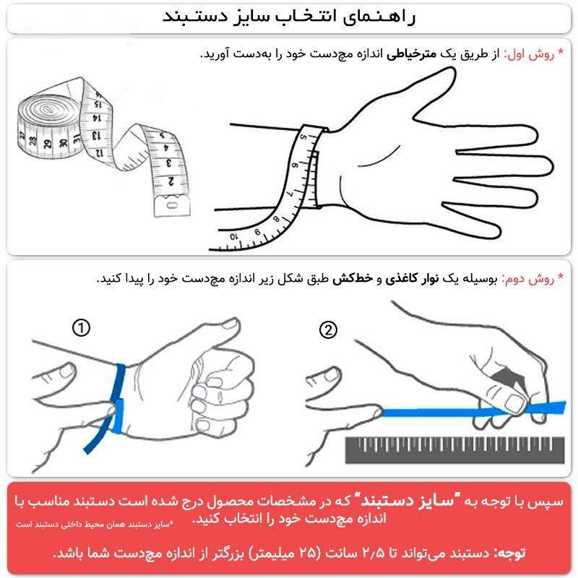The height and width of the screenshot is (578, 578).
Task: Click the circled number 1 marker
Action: pyautogui.click(x=82, y=329)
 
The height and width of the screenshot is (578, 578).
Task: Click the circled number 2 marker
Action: pyautogui.click(x=328, y=330)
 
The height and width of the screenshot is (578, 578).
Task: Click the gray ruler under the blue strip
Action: pyautogui.click(x=456, y=449)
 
